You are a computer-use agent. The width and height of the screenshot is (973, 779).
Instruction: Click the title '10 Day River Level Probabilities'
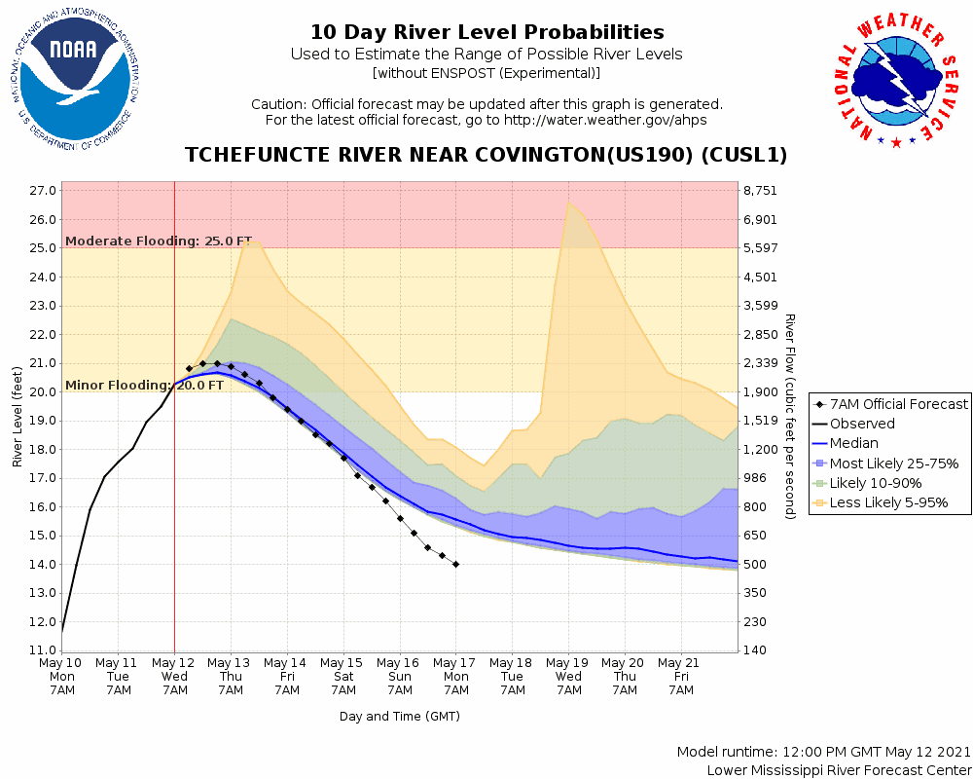pyautogui.click(x=486, y=33)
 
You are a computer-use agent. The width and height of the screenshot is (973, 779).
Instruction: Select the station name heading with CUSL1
pyautogui.click(x=486, y=156)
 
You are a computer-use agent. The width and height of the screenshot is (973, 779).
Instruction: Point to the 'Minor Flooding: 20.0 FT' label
pyautogui.click(x=144, y=385)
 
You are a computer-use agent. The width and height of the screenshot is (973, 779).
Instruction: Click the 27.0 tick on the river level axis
pyautogui.click(x=42, y=191)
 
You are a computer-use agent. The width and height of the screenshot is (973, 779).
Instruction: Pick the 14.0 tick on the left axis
pyautogui.click(x=42, y=565)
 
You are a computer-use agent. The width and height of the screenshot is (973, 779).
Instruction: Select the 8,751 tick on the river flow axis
pyautogui.click(x=762, y=191)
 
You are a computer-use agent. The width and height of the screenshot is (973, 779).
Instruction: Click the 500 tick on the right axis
pyautogui.click(x=756, y=565)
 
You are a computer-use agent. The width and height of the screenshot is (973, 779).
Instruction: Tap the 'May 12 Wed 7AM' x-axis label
pyautogui.click(x=174, y=677)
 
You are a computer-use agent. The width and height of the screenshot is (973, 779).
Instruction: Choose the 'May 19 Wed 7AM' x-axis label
pyautogui.click(x=568, y=677)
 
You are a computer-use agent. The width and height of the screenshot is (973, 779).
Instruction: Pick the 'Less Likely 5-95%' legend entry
pyautogui.click(x=888, y=502)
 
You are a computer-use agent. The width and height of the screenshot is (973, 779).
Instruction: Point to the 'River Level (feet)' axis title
pyautogui.click(x=18, y=417)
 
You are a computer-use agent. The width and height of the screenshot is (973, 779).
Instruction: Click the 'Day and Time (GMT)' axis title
pyautogui.click(x=399, y=717)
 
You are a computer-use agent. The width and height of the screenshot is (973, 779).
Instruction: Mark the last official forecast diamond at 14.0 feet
pyautogui.click(x=455, y=565)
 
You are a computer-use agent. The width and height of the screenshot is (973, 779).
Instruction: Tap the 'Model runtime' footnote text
pyautogui.click(x=823, y=752)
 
